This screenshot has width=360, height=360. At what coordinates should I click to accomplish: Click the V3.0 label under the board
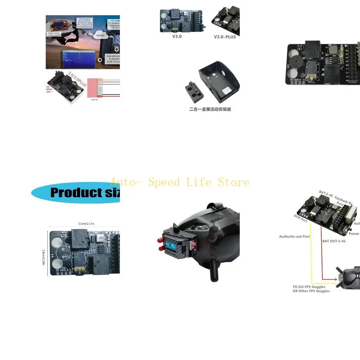point(177,36)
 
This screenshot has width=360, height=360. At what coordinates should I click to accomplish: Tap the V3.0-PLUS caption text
point(225,37)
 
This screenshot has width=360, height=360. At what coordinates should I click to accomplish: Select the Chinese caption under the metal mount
point(210,109)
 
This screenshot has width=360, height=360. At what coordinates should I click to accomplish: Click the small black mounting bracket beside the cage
point(193,90)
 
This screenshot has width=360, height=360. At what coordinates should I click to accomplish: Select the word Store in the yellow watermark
point(233,182)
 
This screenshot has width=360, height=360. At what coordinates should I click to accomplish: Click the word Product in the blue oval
point(72,193)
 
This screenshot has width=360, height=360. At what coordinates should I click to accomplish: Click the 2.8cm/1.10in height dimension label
point(44,253)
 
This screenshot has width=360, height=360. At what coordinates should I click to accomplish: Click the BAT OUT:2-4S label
point(334,241)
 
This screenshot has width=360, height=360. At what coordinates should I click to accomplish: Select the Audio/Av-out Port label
point(294,237)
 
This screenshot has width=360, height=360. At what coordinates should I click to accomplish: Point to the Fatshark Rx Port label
point(343,201)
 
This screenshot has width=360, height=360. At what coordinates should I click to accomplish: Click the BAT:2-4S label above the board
point(326,193)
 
